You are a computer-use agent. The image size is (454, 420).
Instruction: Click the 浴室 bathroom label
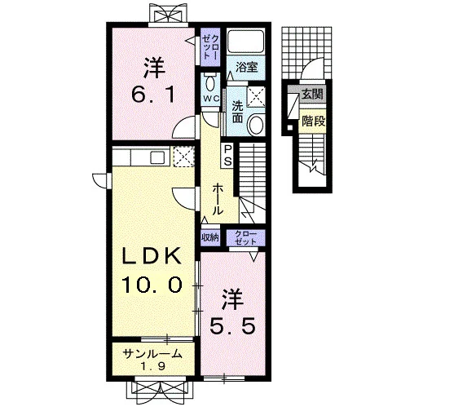[246, 68]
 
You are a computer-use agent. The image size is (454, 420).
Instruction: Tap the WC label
[211, 99]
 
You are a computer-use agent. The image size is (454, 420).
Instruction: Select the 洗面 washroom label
[237, 113]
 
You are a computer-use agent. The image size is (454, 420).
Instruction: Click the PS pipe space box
[228, 156]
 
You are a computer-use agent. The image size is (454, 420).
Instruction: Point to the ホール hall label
[218, 200]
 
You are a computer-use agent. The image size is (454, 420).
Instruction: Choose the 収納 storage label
[210, 237]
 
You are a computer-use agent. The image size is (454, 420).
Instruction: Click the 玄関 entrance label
[312, 94]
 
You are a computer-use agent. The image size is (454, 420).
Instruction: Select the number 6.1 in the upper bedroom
[153, 95]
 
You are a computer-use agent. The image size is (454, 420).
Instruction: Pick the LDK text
[152, 256]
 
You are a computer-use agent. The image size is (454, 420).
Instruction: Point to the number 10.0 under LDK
[152, 285]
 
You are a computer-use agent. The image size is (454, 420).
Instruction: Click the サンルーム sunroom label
[152, 354]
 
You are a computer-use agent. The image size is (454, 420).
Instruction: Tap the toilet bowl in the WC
[210, 83]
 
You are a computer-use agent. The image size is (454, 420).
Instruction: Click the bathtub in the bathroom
[245, 41]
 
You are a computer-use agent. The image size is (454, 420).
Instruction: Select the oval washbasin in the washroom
[256, 125]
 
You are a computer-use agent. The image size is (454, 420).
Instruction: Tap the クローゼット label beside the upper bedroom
[210, 46]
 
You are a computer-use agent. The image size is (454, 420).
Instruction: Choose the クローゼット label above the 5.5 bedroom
[245, 237]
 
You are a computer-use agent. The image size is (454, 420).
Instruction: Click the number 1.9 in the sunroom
[153, 366]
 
